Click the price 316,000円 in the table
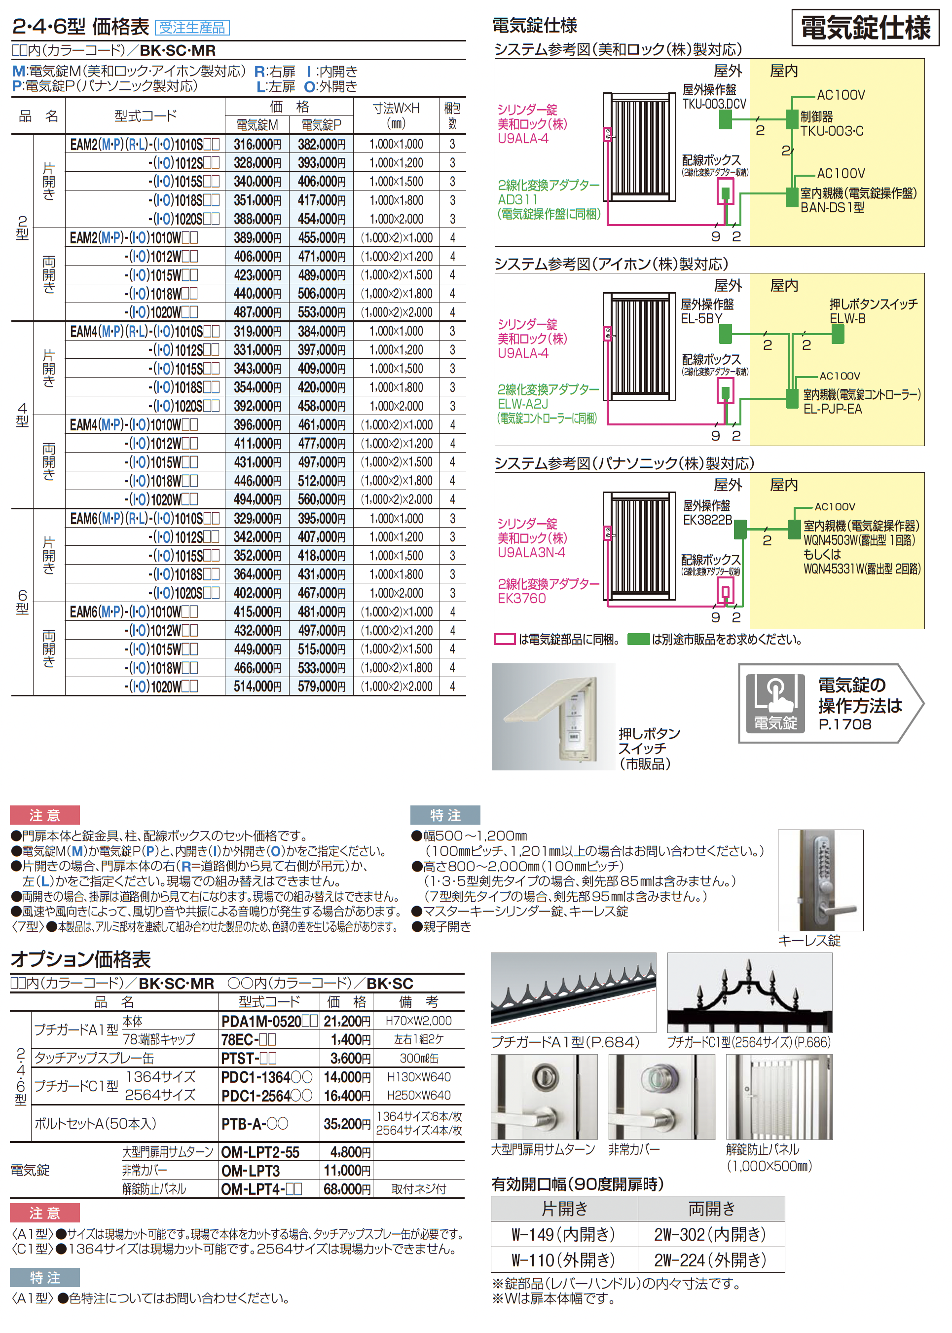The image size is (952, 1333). (257, 144)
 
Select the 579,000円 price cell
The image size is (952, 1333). (321, 686)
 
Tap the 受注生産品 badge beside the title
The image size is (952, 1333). (192, 28)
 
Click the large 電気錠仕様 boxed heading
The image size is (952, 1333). (865, 28)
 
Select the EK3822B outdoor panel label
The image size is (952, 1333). (707, 520)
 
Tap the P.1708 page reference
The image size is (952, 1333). (845, 724)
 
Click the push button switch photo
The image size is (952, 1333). (553, 717)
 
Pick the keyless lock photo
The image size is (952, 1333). (820, 879)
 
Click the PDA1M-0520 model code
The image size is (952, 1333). (261, 1021)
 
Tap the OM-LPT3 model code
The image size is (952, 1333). (250, 1171)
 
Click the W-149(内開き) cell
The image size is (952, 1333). (563, 1234)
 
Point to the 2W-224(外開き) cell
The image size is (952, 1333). (710, 1259)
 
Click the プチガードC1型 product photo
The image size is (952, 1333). (749, 993)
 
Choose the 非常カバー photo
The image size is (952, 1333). (661, 1097)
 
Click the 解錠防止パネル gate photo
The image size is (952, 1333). (779, 1097)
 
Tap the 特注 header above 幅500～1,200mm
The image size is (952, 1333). (445, 815)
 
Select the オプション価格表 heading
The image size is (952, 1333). (81, 959)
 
